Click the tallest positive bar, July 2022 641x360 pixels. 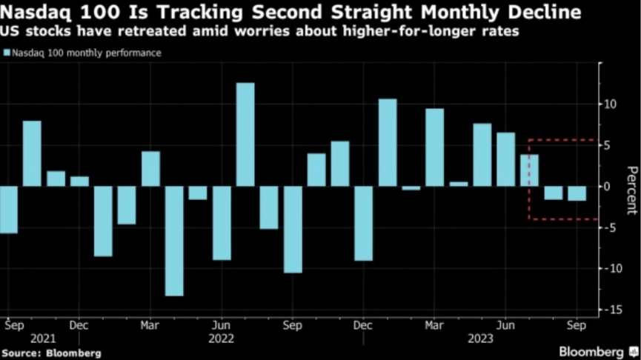245,134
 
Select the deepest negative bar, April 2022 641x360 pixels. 174,241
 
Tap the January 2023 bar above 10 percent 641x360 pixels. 388,142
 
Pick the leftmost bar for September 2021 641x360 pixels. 8,210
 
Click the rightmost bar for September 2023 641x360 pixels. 577,193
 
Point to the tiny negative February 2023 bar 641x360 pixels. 411,188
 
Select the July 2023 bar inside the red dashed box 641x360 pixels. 530,170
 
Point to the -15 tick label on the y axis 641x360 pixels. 612,310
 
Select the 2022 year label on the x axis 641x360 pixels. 221,338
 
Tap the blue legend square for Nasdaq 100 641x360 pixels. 7,53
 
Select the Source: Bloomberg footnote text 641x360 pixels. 50,353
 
